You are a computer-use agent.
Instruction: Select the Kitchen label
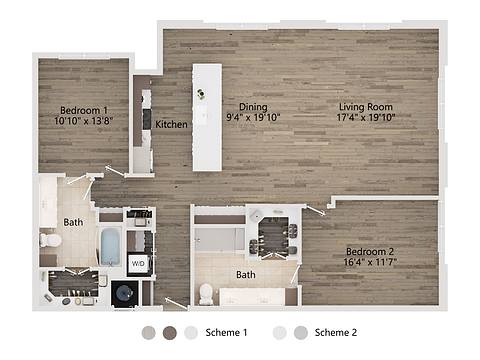[171, 124]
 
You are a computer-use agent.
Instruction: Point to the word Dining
[253, 106]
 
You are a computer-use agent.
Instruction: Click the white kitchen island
[208, 115]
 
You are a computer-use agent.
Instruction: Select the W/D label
[138, 264]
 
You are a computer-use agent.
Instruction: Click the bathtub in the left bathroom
[110, 246]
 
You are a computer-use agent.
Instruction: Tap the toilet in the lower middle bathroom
[206, 293]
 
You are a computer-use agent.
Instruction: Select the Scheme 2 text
[335, 332]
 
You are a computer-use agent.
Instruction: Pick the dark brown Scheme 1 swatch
[170, 332]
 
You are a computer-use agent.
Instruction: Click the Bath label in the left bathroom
[73, 222]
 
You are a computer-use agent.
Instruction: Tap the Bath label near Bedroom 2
[246, 274]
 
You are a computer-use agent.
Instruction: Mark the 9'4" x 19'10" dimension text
[254, 117]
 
